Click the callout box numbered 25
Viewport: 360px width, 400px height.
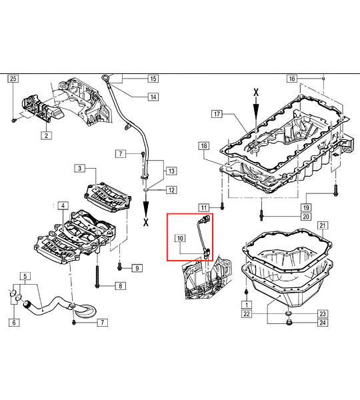(13, 79)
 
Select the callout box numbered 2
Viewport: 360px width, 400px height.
(46, 135)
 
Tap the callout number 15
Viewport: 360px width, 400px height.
(153, 79)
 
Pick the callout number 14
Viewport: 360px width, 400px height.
(153, 97)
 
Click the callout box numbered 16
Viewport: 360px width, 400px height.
(292, 79)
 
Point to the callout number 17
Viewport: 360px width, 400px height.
(217, 114)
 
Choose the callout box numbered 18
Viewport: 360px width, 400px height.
(204, 146)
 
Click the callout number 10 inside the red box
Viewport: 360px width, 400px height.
(180, 238)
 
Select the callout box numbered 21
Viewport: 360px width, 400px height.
(323, 225)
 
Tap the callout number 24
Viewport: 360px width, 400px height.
(323, 323)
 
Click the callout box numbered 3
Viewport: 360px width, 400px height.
(80, 169)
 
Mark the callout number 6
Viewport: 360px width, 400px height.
(14, 323)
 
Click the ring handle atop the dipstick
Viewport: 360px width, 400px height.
(105, 77)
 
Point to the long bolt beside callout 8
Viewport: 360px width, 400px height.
(97, 276)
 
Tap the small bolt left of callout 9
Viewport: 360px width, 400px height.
(119, 268)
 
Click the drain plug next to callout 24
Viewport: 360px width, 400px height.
(289, 323)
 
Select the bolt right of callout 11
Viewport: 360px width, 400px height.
(222, 207)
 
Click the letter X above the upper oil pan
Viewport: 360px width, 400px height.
(256, 93)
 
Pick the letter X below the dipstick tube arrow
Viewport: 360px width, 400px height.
(146, 222)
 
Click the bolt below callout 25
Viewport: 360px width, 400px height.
(14, 119)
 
